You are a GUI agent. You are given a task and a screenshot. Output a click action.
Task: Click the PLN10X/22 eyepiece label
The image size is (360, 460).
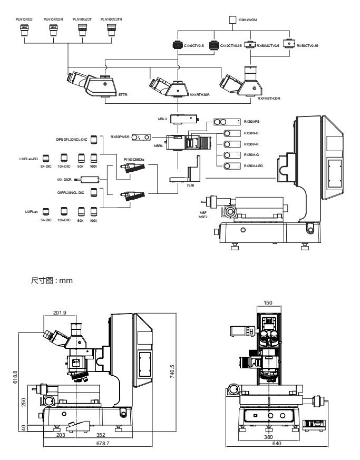pos(24,19)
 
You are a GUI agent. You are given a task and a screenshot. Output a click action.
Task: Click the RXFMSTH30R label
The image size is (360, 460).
pos(268,98)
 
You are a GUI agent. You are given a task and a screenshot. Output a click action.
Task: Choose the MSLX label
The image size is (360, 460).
pos(162,119)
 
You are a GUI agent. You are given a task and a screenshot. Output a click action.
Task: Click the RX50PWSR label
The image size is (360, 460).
pos(120,138)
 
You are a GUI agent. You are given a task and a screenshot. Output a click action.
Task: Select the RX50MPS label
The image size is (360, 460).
pos(251,121)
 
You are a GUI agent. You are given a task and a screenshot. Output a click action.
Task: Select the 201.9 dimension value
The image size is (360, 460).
pos(60,313)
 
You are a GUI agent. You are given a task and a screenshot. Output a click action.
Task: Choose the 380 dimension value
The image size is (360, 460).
pos(268,436)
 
